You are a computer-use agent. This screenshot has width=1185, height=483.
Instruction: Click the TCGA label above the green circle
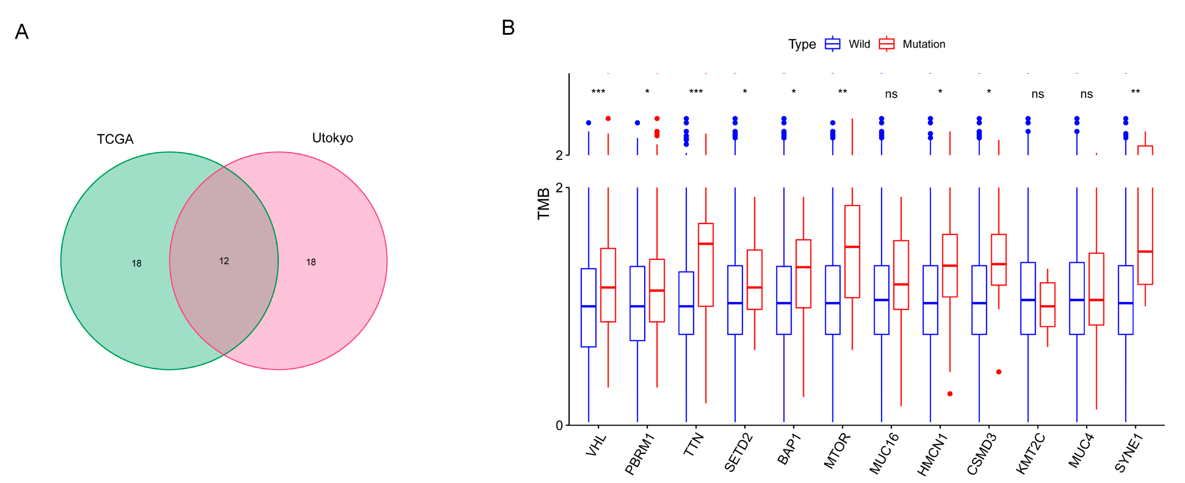pyautogui.click(x=115, y=139)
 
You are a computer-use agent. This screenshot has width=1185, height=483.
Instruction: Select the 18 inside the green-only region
pyautogui.click(x=136, y=263)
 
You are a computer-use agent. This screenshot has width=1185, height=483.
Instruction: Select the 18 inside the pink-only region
pyautogui.click(x=310, y=262)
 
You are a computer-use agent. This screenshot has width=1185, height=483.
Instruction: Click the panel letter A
pyautogui.click(x=22, y=32)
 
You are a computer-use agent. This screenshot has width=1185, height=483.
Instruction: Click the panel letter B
pyautogui.click(x=508, y=28)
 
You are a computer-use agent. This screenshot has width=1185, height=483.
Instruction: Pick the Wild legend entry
pyautogui.click(x=858, y=44)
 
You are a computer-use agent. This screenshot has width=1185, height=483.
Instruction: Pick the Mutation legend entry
pyautogui.click(x=923, y=44)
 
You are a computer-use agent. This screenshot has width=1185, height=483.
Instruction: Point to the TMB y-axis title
pyautogui.click(x=543, y=204)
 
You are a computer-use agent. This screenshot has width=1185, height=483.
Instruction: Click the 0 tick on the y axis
pyautogui.click(x=559, y=425)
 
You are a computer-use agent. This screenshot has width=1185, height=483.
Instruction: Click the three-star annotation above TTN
pyautogui.click(x=696, y=92)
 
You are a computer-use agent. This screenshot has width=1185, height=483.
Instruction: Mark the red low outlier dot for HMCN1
pyautogui.click(x=949, y=394)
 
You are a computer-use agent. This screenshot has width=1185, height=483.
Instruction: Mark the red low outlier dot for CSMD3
pyautogui.click(x=998, y=372)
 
